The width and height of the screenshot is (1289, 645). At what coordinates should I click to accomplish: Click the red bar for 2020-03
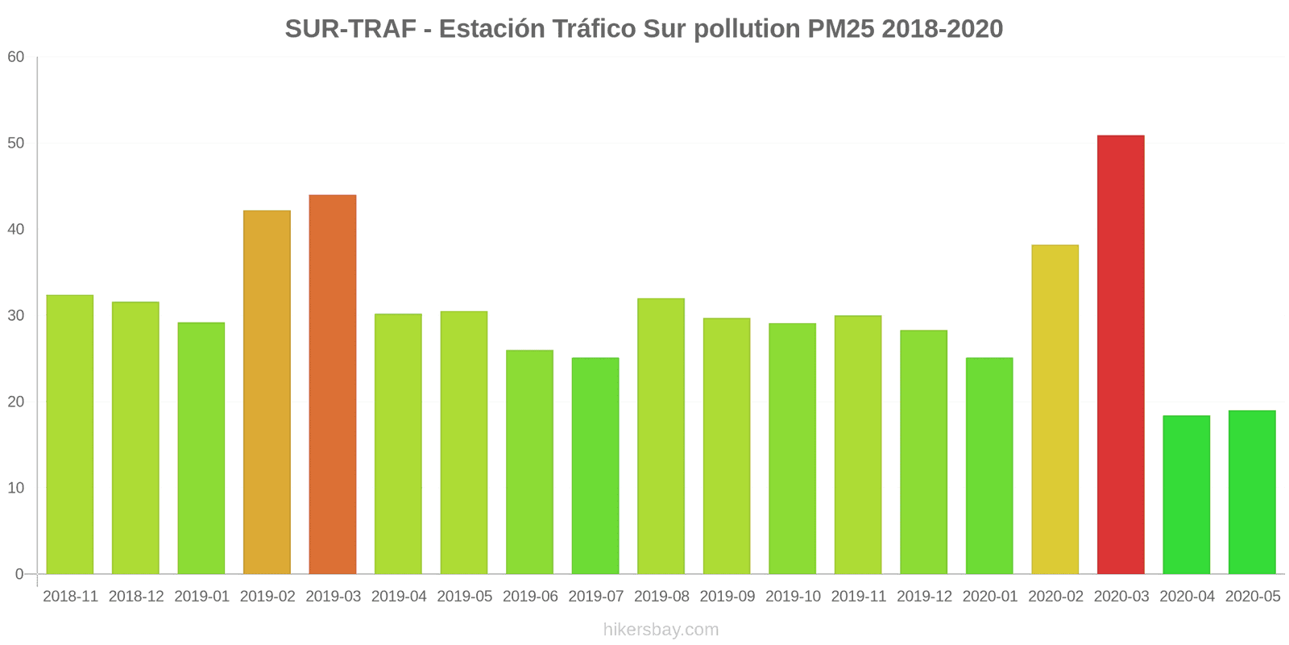1121,355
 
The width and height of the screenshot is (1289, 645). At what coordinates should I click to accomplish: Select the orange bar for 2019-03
333,385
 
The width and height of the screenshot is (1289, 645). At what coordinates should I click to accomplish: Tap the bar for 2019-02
267,393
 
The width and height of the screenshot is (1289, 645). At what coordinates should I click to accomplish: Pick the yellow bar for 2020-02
1055,410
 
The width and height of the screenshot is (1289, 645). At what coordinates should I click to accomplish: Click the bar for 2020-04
1186,495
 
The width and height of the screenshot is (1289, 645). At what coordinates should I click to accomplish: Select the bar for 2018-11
70,435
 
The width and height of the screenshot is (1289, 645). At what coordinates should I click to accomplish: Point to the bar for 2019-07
595,466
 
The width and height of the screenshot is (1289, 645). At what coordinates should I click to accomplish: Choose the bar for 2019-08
661,436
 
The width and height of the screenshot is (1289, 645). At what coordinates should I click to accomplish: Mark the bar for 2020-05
1252,493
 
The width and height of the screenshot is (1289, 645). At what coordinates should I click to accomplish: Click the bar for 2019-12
923,452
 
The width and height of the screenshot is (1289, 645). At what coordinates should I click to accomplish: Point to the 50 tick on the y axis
16,144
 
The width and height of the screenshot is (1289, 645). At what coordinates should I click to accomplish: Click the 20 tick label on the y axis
16,402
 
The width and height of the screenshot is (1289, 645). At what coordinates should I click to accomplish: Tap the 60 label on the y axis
16,57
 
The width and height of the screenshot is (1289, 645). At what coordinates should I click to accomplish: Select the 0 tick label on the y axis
19,574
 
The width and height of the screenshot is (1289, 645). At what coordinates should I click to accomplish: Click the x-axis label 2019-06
530,597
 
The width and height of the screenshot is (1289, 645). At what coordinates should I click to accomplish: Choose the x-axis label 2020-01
989,597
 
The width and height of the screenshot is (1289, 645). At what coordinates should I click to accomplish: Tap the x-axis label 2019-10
793,597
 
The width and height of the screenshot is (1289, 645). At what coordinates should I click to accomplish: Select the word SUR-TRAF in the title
350,29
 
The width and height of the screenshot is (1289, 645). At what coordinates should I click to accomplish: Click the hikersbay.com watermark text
661,630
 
